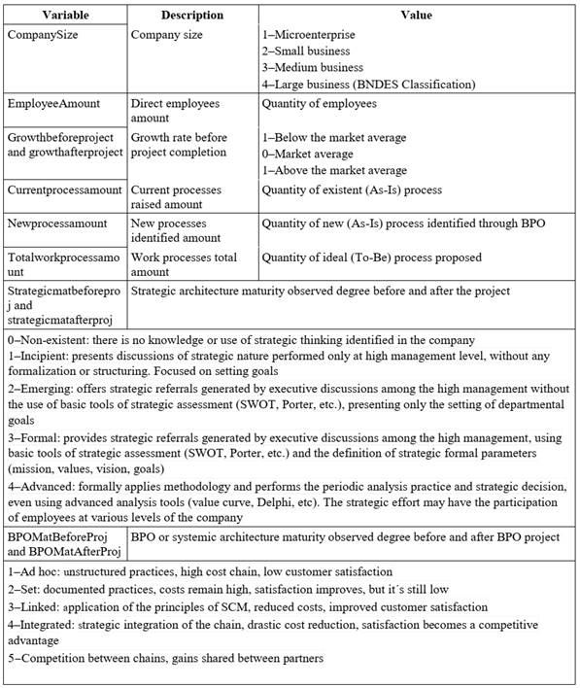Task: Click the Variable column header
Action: [x=63, y=16]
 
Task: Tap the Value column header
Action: [x=416, y=16]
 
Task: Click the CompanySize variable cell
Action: [x=46, y=34]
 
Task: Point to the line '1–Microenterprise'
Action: [x=308, y=34]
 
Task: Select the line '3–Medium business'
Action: [x=312, y=68]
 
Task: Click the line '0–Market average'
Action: [x=308, y=154]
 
